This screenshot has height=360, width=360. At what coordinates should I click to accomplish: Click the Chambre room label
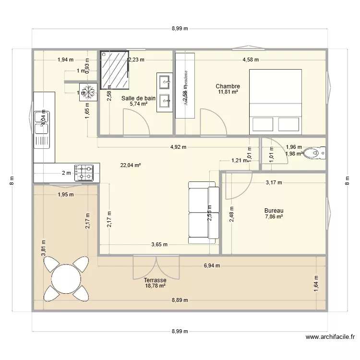click(228, 86)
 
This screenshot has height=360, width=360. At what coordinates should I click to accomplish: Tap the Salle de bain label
click(138, 98)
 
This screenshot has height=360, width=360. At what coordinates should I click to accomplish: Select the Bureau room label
click(274, 211)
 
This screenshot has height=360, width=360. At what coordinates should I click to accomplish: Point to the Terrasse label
click(155, 280)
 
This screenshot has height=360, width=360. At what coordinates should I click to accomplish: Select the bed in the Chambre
click(275, 101)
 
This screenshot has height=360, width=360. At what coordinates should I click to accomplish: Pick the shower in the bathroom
click(116, 69)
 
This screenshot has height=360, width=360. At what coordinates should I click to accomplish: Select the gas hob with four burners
click(86, 173)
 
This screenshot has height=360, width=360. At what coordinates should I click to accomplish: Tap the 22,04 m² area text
click(130, 165)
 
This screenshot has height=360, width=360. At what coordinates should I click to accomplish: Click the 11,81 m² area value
click(228, 92)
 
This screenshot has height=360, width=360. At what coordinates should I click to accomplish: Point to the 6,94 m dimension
click(212, 265)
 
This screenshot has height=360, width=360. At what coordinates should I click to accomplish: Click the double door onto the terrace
click(156, 265)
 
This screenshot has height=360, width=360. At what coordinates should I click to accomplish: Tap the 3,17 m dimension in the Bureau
click(274, 182)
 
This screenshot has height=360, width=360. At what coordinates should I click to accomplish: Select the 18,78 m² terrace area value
click(155, 286)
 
